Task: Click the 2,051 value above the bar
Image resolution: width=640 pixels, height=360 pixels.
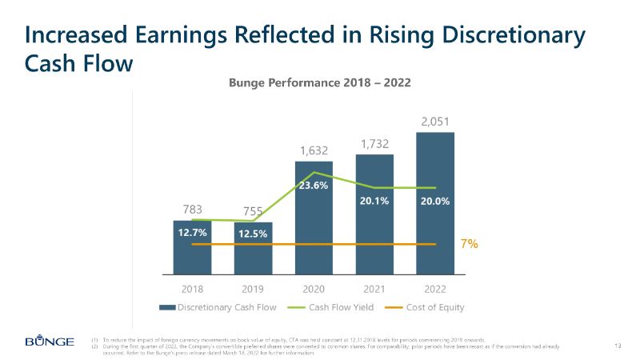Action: pos(435,122)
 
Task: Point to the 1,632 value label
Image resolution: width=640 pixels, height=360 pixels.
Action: pos(314,150)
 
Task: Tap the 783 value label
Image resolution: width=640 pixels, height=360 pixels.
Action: pos(192,210)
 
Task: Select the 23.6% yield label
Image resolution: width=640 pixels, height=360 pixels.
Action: pos(314,185)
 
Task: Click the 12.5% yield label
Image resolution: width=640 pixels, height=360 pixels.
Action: pos(253,234)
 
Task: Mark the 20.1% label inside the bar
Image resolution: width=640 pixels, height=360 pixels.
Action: pos(374,201)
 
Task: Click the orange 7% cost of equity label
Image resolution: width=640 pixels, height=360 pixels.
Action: pos(470,244)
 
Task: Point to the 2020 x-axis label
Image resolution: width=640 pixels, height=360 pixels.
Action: pos(314,288)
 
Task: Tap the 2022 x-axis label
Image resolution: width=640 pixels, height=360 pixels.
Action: pos(435,288)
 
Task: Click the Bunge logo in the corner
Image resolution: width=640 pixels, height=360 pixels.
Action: pos(50,342)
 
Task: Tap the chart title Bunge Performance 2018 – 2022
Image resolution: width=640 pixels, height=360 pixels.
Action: pos(320,82)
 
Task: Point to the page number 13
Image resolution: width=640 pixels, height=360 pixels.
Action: pos(617,345)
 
